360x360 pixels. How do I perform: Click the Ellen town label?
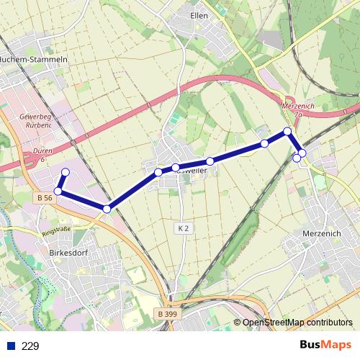pos(199,14)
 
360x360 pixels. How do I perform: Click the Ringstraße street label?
pos(58,232)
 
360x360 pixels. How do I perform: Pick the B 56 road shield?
pos(43,197)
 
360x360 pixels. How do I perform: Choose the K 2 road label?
pos(183,228)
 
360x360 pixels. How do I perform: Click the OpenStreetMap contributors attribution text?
pos(297,323)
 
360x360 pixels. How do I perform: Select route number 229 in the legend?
pos(30,346)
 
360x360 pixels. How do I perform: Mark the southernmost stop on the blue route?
pos(107,209)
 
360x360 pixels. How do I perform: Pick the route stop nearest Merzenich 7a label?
pos(287,131)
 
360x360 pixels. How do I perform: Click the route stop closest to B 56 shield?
pos(58,191)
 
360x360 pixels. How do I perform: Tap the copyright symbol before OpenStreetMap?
pos(237,323)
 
